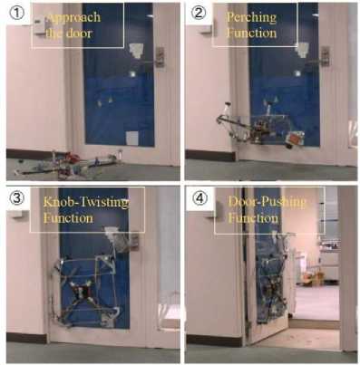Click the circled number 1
pyautogui.click(x=16, y=13)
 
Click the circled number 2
pyautogui.click(x=199, y=13)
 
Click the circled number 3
pyautogui.click(x=16, y=198)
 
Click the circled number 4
pyautogui.click(x=199, y=198)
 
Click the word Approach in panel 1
pyautogui.click(x=73, y=17)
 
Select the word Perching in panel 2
pyautogui.click(x=251, y=18)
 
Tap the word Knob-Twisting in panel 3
pyautogui.click(x=86, y=202)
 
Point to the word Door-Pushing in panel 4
pyautogui.click(x=268, y=202)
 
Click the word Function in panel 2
pyautogui.click(x=251, y=33)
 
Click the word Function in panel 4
pyautogui.click(x=253, y=218)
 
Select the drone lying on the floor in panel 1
pyautogui.click(x=68, y=165)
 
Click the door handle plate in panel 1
pyautogui.click(x=160, y=57)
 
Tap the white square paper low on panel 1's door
pyautogui.click(x=132, y=138)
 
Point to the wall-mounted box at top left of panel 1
pyautogui.click(x=40, y=26)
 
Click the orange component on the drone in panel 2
pyautogui.click(x=295, y=139)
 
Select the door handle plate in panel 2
pyautogui.click(x=325, y=56)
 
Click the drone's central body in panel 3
pyautogui.click(x=82, y=291)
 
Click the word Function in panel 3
pyautogui.click(x=68, y=218)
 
